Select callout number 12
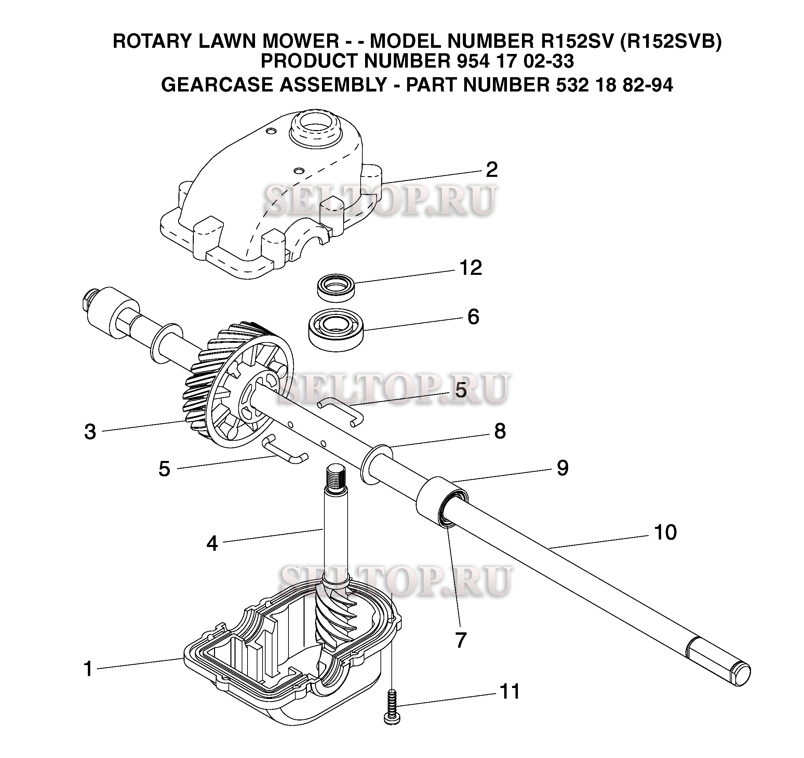(x=471, y=268)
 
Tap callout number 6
(x=473, y=317)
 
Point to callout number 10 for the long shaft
(x=665, y=533)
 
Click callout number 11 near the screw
(x=510, y=691)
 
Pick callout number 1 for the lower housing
(x=88, y=669)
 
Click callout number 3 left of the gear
(x=90, y=432)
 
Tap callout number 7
(x=461, y=641)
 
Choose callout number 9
(x=563, y=468)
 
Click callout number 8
(x=500, y=431)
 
